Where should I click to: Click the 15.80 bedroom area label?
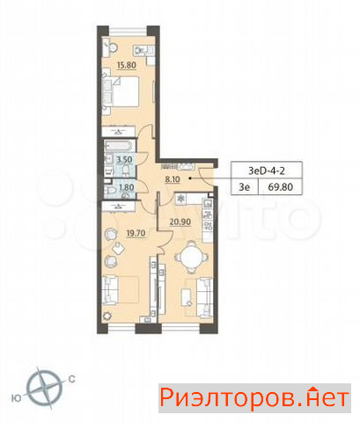pyautogui.click(x=127, y=65)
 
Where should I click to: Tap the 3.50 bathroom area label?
pyautogui.click(x=124, y=160)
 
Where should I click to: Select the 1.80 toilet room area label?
pyautogui.click(x=127, y=187)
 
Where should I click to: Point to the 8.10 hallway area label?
pyautogui.click(x=173, y=179)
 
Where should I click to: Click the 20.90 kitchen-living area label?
pyautogui.click(x=180, y=222)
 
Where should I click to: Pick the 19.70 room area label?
pyautogui.click(x=136, y=233)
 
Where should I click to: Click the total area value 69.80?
pyautogui.click(x=280, y=187)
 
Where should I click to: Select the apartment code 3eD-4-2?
pyautogui.click(x=267, y=171)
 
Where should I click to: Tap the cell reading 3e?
pyautogui.click(x=245, y=187)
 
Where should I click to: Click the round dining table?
pyautogui.click(x=192, y=257)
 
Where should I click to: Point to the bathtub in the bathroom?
pyautogui.click(x=120, y=146)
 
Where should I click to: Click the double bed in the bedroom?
pyautogui.click(x=121, y=91)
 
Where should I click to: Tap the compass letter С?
pyautogui.click(x=71, y=379)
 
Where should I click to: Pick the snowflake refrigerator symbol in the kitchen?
pyautogui.click(x=181, y=199)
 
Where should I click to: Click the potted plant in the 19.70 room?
pyautogui.click(x=107, y=316)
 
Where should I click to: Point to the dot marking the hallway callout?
pyautogui.click(x=190, y=178)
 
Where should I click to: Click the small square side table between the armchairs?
pyautogui.click(x=119, y=249)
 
